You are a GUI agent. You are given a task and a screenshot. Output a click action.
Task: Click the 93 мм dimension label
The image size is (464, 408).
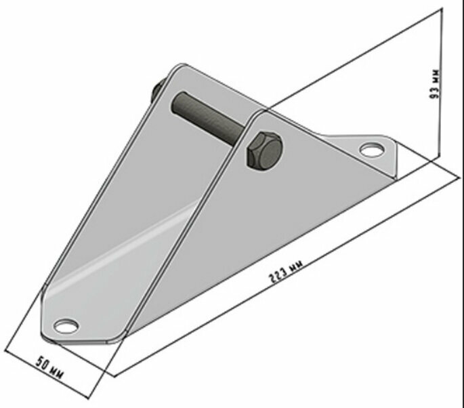[435, 84]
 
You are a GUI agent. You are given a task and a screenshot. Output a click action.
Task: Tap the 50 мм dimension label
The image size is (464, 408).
[49, 368]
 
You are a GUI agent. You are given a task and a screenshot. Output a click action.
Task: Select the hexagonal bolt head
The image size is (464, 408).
[264, 151]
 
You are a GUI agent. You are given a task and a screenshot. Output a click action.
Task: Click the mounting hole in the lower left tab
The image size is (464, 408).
[66, 326]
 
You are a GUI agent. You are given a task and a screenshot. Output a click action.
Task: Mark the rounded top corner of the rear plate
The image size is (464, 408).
[180, 66]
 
